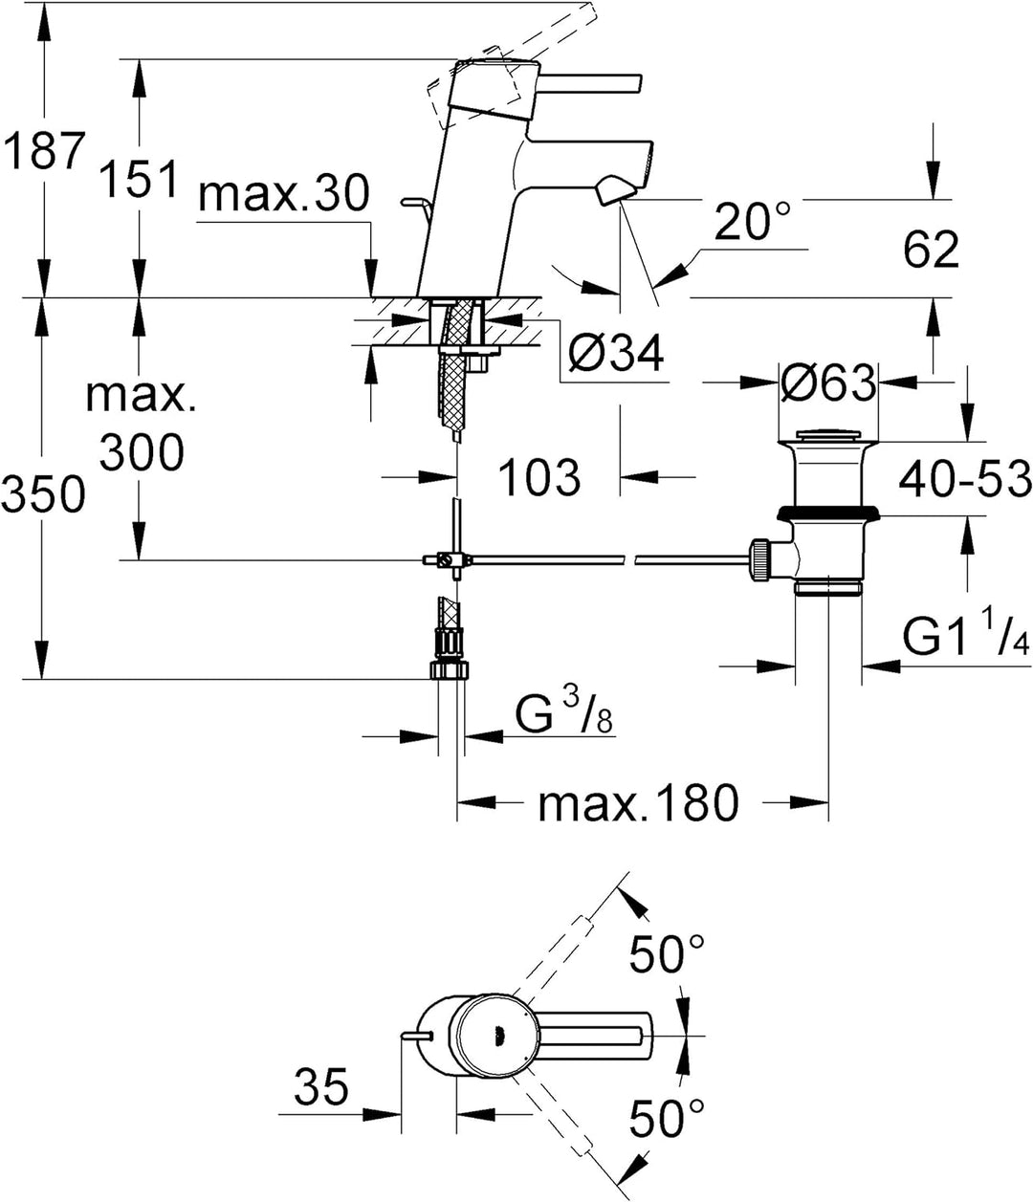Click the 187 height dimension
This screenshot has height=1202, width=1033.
pos(43,150)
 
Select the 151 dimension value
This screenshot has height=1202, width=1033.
pos(140,179)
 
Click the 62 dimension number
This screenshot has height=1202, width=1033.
pos(931,249)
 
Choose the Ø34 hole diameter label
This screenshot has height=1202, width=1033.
pos(615,353)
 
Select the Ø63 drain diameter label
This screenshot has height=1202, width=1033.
pos(828,382)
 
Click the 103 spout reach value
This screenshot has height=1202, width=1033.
pos(539,477)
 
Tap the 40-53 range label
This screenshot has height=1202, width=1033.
pos(965,479)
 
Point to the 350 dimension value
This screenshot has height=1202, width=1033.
pos(43,494)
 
